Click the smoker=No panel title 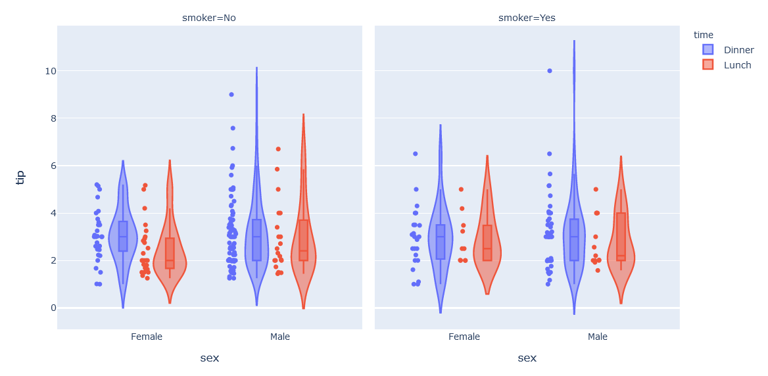[209, 18]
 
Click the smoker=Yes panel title [527, 18]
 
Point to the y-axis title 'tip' [20, 177]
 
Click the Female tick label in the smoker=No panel [147, 337]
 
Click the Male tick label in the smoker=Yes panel [598, 337]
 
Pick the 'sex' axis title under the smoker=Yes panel [527, 358]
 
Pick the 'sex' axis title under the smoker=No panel [209, 358]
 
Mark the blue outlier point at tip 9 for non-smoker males [231, 95]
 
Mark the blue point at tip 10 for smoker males [550, 71]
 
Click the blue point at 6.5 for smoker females [416, 154]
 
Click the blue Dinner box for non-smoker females [123, 236]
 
